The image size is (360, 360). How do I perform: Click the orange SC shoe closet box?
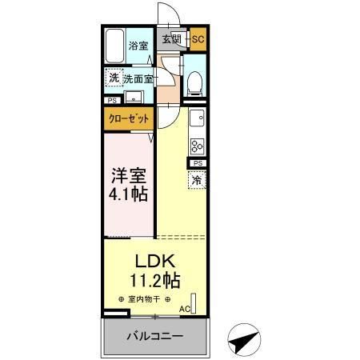[198, 38]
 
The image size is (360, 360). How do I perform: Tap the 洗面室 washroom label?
[138, 79]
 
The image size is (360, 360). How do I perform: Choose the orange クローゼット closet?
[128, 118]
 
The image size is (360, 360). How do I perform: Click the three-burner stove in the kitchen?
[197, 146]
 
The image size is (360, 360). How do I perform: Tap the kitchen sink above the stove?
[195, 122]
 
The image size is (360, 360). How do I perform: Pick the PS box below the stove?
[196, 164]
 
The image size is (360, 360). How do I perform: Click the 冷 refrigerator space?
[197, 181]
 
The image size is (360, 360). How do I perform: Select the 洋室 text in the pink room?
[127, 174]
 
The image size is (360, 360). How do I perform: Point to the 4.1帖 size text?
[127, 194]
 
